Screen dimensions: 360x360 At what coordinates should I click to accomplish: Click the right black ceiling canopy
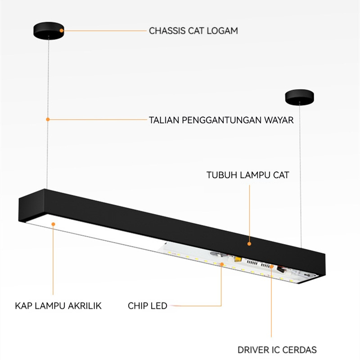[300, 96]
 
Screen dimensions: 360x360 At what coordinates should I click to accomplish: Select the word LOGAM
[223, 31]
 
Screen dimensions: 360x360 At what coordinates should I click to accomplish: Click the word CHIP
[138, 306]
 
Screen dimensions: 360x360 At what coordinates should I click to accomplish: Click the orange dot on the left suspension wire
[47, 119]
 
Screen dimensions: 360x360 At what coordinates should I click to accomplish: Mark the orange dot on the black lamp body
[249, 243]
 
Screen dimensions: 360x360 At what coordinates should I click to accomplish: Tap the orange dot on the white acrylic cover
[53, 223]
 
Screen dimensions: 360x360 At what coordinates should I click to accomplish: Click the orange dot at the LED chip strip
[221, 264]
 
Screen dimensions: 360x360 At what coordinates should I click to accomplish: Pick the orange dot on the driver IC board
[272, 266]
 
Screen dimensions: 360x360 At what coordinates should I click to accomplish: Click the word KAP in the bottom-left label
[22, 306]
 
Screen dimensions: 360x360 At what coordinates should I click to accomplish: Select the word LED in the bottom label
[159, 306]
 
